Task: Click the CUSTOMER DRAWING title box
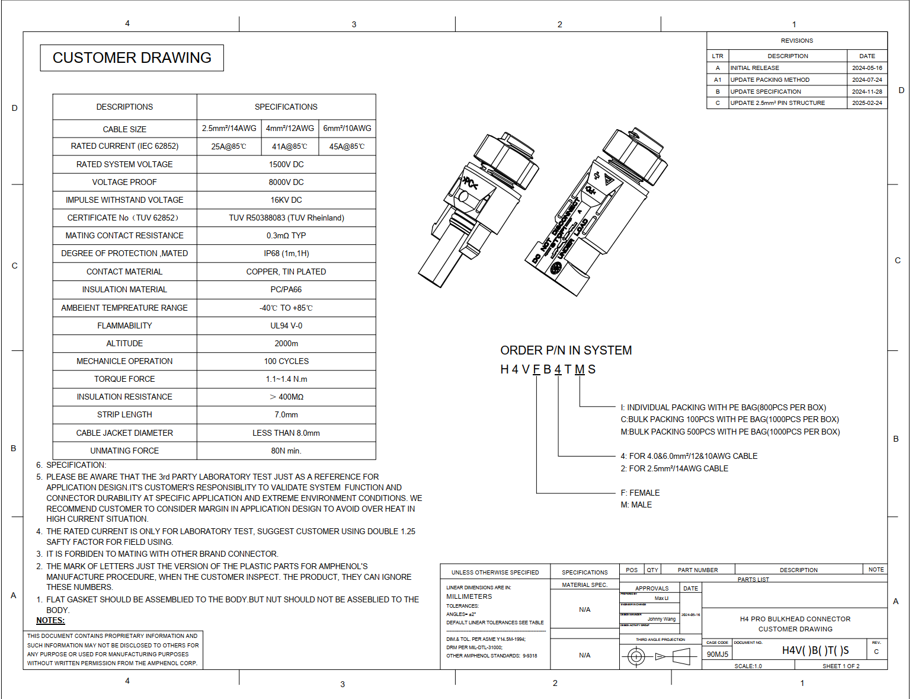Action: pos(132,58)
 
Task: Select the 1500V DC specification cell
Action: pos(286,164)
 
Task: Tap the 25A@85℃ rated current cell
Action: pos(229,146)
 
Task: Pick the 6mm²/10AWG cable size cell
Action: pos(347,128)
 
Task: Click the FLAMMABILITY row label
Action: pos(124,325)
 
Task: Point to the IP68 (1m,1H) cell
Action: pos(286,253)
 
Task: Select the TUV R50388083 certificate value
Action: pos(286,218)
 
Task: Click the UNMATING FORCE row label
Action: pos(124,451)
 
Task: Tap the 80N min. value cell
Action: pos(286,451)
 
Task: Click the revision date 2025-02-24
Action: pos(867,103)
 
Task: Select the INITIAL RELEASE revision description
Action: pos(754,68)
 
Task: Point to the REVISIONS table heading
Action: pos(796,41)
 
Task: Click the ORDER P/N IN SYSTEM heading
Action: pos(566,350)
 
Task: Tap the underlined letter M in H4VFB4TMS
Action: pos(580,369)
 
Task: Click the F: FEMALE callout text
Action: pos(640,493)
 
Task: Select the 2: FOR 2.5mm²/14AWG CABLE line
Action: pos(674,468)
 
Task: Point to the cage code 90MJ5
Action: pos(718,655)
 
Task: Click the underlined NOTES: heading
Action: pos(50,620)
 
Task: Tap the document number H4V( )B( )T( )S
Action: pos(815,650)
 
